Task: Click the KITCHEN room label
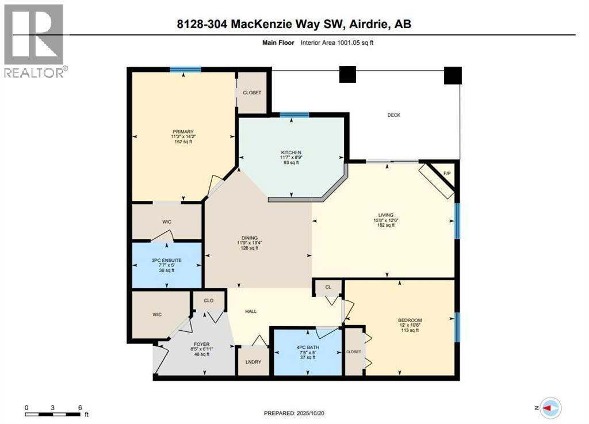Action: coord(291,152)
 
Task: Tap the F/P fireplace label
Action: coord(446,174)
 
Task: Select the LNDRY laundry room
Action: coord(253,362)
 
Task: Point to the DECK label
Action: coord(393,115)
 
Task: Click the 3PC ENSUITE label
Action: coord(166,260)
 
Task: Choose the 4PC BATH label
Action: coord(308,347)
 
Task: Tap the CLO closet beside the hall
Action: coord(208,300)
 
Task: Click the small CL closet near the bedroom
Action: coord(328,287)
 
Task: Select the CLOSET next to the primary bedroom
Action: coord(252,93)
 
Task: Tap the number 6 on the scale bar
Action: coord(80,407)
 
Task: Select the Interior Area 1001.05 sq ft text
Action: coord(337,43)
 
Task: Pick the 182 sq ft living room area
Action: coord(386,226)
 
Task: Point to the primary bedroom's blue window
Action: coord(185,69)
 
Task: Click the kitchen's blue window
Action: coord(294,114)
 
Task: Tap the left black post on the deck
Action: coord(347,74)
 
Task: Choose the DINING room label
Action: coord(250,238)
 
